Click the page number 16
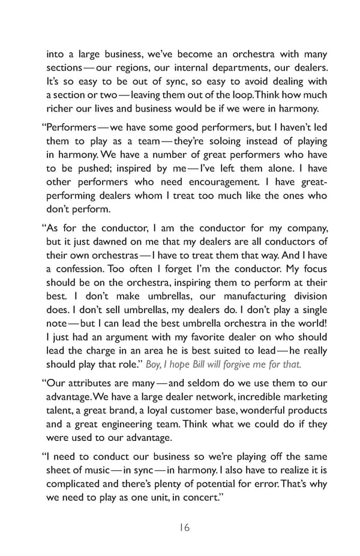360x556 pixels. point(184,527)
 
